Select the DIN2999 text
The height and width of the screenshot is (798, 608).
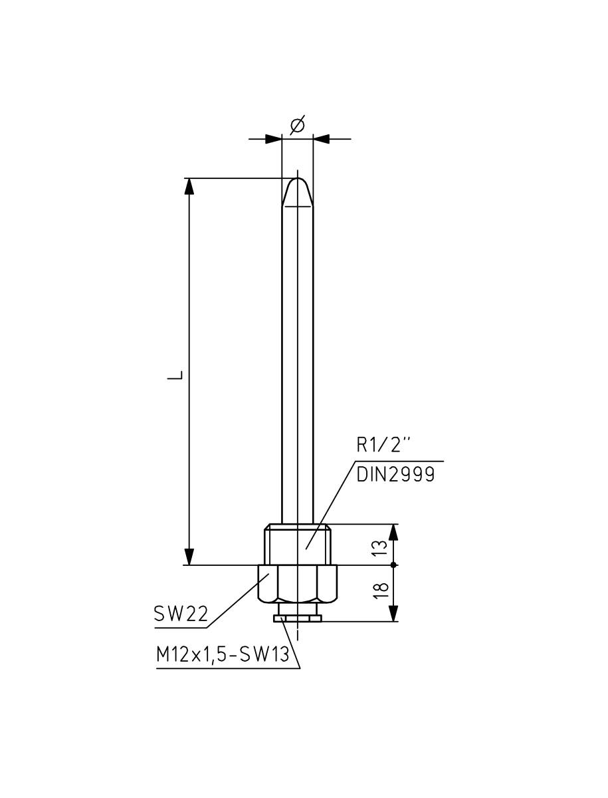click(396, 475)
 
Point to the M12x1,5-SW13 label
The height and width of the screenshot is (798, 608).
click(223, 655)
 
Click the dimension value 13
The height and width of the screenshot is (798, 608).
click(379, 547)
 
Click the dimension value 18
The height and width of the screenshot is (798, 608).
click(380, 592)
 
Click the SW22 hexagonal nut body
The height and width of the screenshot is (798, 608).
click(298, 584)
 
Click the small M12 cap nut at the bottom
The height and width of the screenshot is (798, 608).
click(298, 618)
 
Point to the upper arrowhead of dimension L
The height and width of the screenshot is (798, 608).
click(189, 186)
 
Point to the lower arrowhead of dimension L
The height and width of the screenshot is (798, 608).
click(189, 557)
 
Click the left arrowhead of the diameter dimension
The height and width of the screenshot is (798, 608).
click(273, 139)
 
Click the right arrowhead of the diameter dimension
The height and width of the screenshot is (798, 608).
click(322, 139)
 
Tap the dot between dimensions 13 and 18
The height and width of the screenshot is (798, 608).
click(394, 565)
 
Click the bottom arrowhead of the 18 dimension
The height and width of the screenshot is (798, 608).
click(394, 613)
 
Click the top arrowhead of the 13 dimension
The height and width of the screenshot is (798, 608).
click(394, 532)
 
